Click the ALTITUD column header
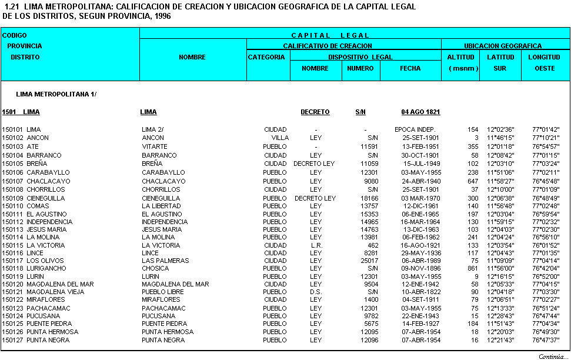[x=460, y=57]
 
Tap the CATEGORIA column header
[x=268, y=57]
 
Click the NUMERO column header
[x=360, y=68]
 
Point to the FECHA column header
[x=410, y=68]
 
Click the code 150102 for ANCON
[x=12, y=138]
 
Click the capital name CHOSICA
[x=155, y=268]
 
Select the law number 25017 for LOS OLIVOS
[x=369, y=261]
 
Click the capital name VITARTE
[x=155, y=146]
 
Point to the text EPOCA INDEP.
[x=415, y=129]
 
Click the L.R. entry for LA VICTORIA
[x=316, y=245]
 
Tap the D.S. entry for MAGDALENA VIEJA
[x=316, y=292]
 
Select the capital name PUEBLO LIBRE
[x=163, y=292]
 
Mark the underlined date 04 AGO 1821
[x=420, y=112]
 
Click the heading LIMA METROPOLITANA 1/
[x=56, y=94]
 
